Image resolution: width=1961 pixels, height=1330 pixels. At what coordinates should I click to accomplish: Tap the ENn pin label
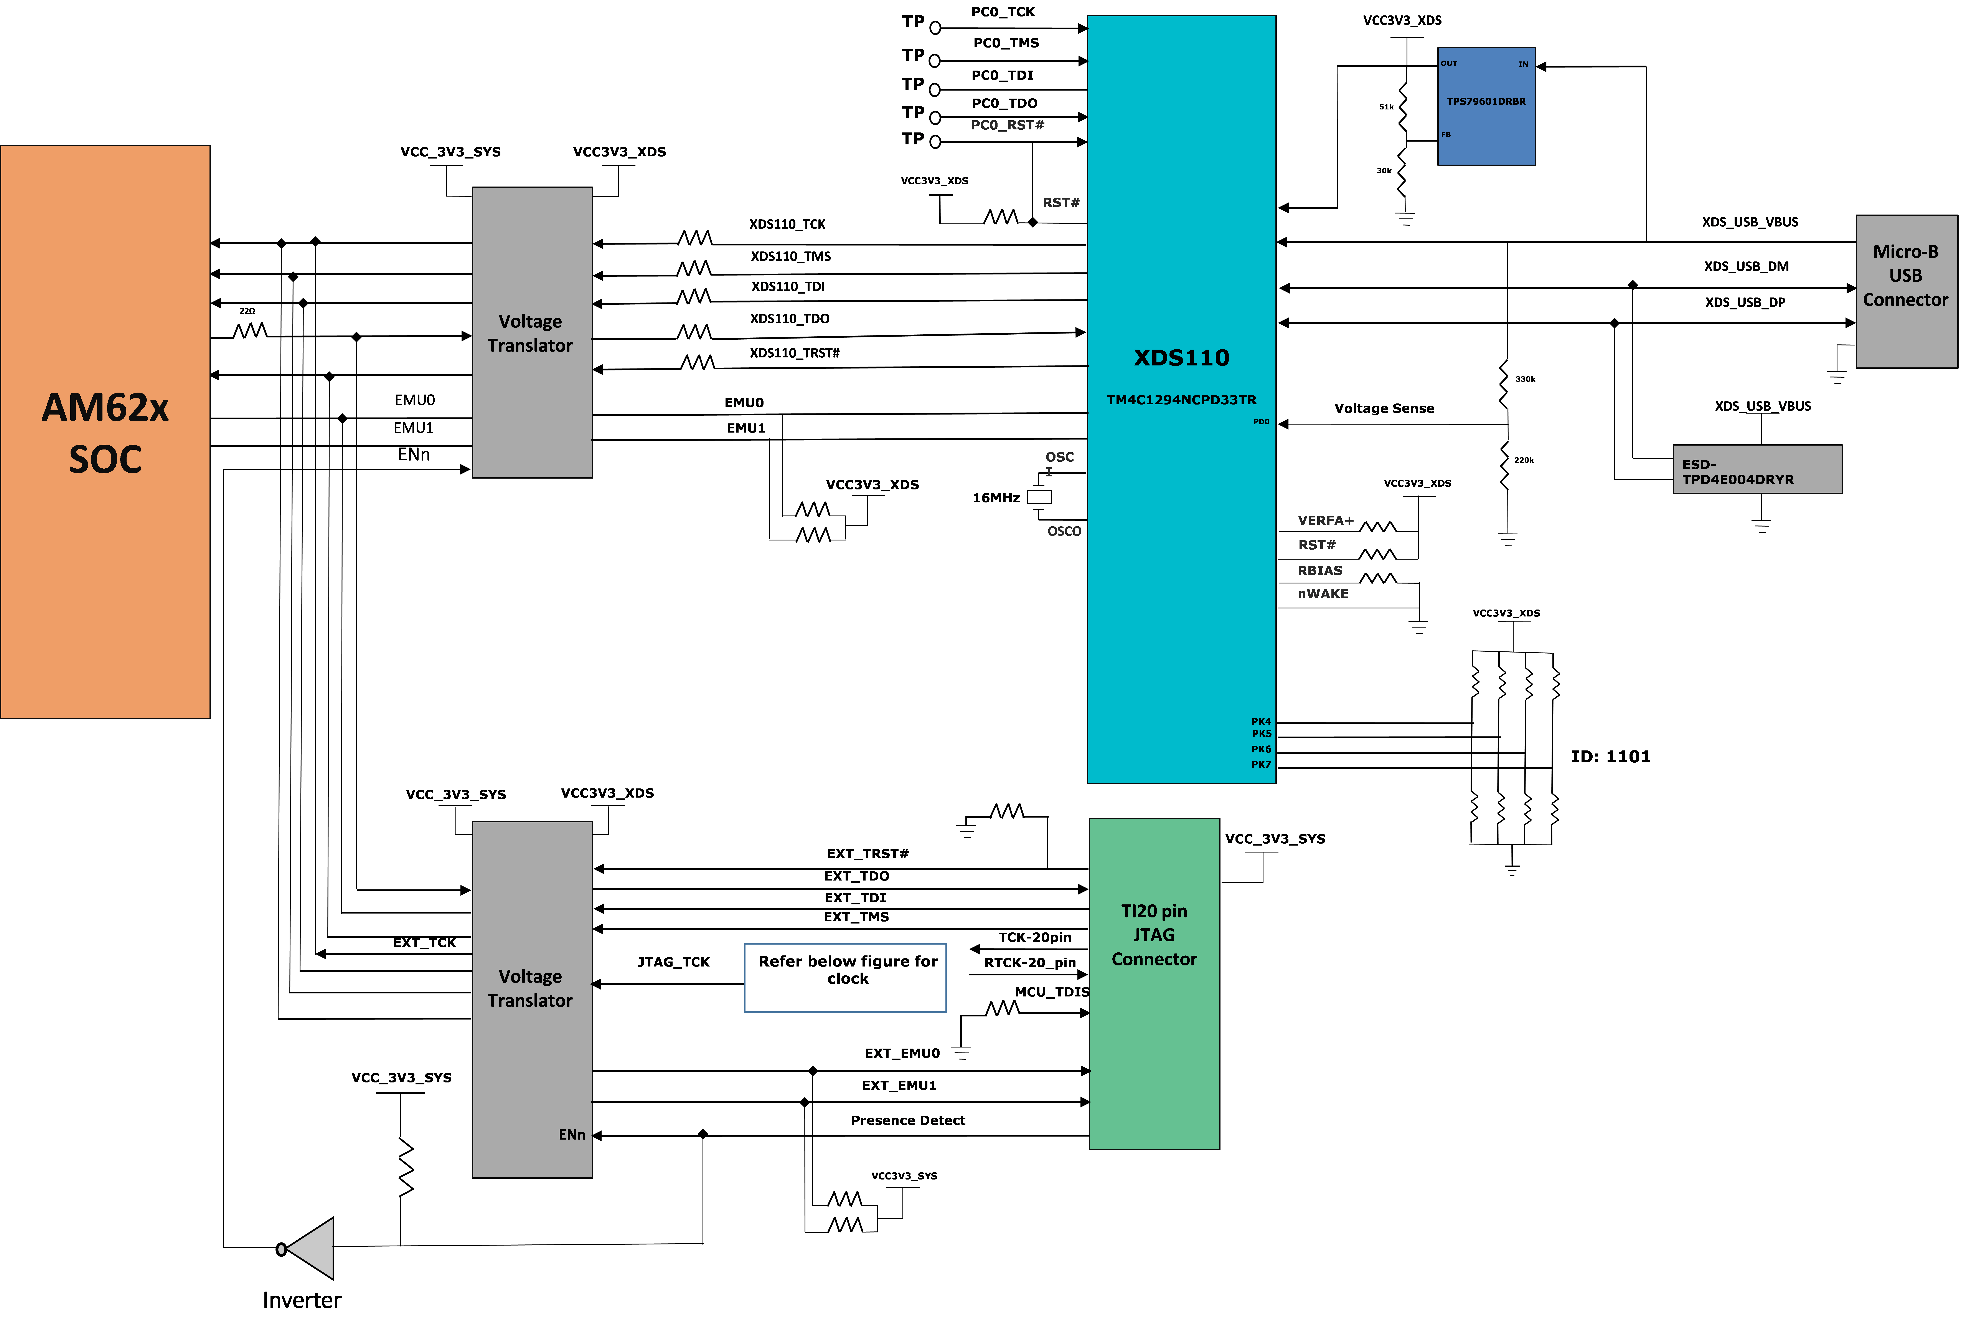coord(571,1134)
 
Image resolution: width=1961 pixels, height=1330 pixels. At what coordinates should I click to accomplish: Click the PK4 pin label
coord(1261,722)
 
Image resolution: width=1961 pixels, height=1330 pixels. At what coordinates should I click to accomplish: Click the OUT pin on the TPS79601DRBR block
coord(1449,63)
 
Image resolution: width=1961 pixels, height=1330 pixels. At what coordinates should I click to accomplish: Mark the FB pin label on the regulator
coord(1445,134)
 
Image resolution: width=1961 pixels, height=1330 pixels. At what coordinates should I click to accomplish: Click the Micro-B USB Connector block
coord(1905,291)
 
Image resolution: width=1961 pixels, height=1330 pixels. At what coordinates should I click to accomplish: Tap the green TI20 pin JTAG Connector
coord(1153,983)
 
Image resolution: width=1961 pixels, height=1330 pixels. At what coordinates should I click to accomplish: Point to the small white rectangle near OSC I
coord(1039,497)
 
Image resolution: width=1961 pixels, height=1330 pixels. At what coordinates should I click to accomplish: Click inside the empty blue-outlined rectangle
coord(845,977)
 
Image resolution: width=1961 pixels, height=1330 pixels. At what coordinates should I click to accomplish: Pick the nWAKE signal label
coord(1322,594)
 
